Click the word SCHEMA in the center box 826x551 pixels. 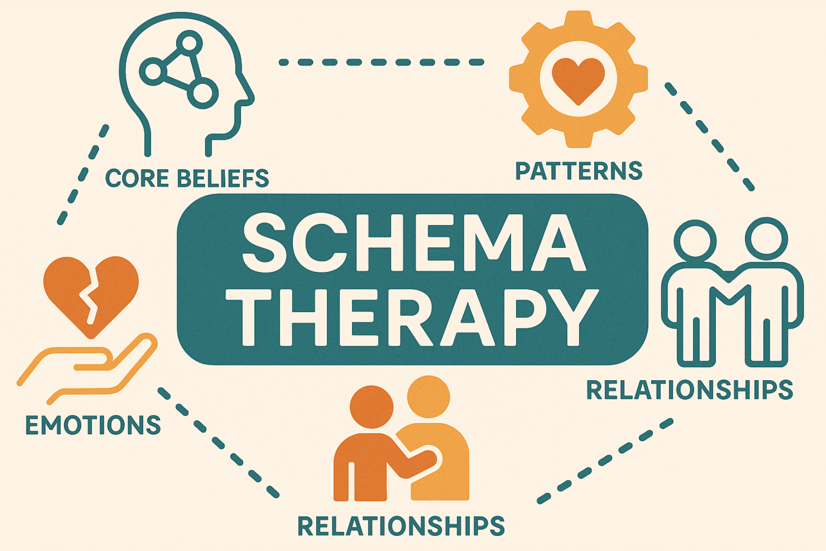(x=414, y=243)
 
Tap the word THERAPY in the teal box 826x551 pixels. (x=412, y=318)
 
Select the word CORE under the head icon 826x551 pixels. (x=137, y=178)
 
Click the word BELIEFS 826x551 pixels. (x=223, y=178)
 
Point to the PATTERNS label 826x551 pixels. (x=579, y=170)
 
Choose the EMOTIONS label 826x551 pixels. (x=93, y=425)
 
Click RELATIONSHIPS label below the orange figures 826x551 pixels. (x=401, y=525)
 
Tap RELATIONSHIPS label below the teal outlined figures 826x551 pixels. (x=689, y=390)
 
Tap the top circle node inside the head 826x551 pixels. (x=190, y=43)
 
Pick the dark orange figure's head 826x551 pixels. (x=371, y=407)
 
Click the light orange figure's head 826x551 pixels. (x=429, y=397)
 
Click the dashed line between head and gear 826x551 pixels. (x=381, y=63)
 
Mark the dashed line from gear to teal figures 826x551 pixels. (x=709, y=136)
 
